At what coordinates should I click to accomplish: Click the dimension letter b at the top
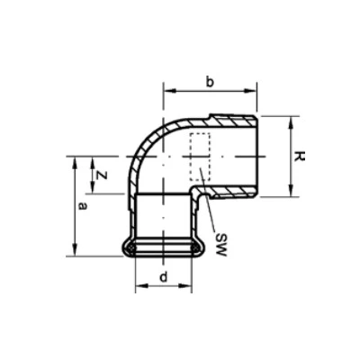coord(209,83)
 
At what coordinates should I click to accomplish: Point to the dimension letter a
coord(82,206)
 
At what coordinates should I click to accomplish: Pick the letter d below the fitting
coord(163,276)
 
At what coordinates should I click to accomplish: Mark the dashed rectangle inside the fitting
coord(200,148)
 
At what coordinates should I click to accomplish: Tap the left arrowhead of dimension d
coord(139,287)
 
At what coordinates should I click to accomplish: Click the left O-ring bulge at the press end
coord(130,247)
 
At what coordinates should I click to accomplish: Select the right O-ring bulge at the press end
coord(197,247)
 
